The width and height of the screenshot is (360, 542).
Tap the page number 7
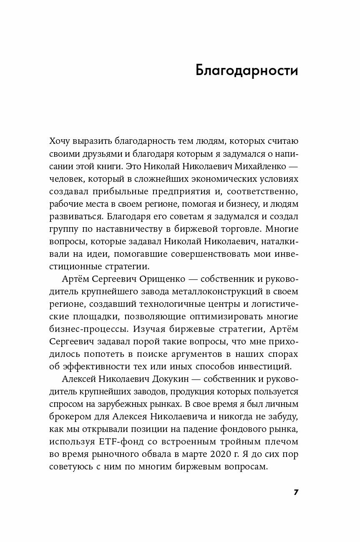pyautogui.click(x=296, y=492)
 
